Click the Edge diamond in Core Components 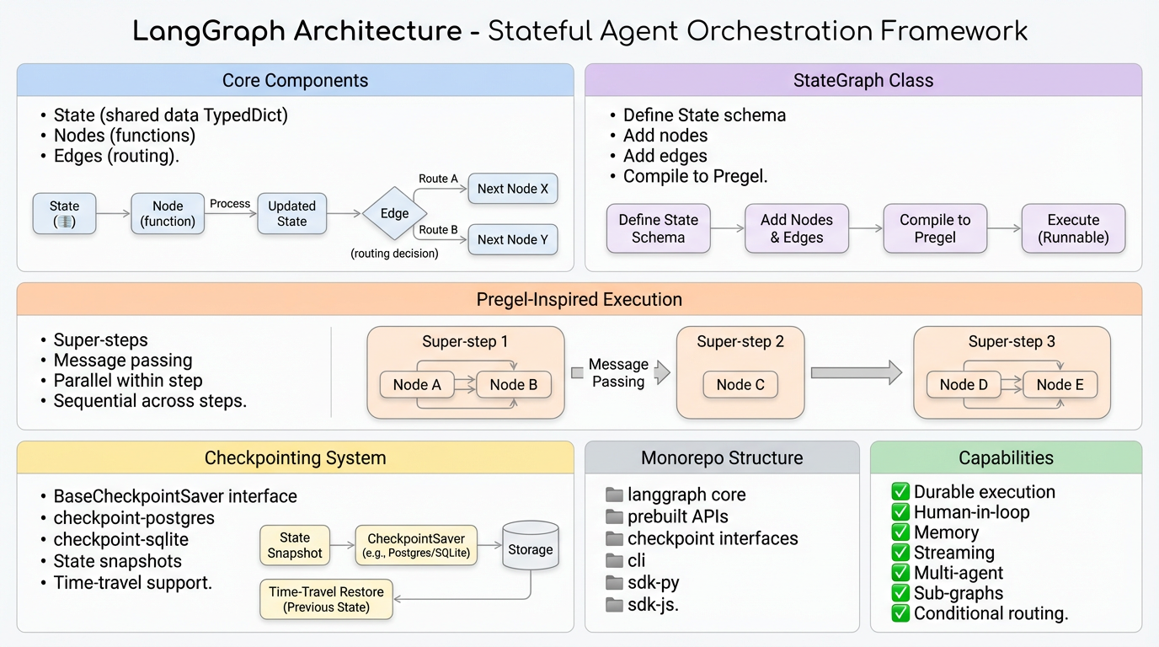coord(394,213)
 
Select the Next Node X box coord(512,189)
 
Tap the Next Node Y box coord(512,239)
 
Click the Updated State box coord(291,213)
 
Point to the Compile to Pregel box coord(934,228)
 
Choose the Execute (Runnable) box coord(1073,228)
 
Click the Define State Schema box coord(658,228)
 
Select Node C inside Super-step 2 coord(740,385)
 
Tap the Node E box coord(1060,385)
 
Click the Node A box coord(417,385)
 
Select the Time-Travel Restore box coord(326,599)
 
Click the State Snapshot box coord(295,545)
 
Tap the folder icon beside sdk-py coord(614,583)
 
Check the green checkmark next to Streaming coord(900,553)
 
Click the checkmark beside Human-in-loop coord(900,512)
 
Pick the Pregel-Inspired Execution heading coord(579,299)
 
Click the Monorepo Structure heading coord(722,458)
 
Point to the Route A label coord(438,179)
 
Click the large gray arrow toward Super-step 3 coord(855,372)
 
